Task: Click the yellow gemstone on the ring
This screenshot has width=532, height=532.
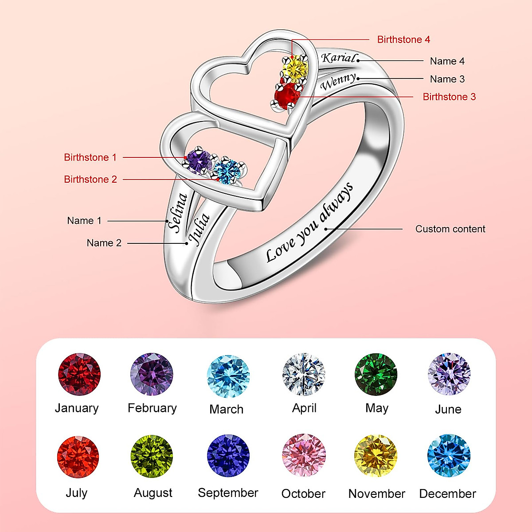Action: point(295,68)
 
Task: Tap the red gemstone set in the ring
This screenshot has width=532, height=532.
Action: point(286,94)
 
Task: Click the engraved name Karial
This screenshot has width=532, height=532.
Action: point(339,58)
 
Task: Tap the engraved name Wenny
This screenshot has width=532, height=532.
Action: point(338,82)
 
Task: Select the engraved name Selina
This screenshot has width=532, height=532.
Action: point(177,212)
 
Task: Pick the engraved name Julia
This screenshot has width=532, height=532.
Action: point(199,229)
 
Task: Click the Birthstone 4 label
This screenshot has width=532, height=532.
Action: point(403,39)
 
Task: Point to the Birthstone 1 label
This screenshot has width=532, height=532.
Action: point(90,157)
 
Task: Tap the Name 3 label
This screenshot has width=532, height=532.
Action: point(447,79)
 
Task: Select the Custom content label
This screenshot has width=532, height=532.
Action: point(450,229)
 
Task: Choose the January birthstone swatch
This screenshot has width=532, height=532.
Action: point(79,374)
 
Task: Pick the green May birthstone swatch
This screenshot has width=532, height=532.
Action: point(376,374)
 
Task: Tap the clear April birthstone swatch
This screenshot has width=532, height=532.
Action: point(304,374)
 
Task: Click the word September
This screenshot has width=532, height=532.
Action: point(228,493)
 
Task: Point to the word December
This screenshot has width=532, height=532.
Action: point(447,494)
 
